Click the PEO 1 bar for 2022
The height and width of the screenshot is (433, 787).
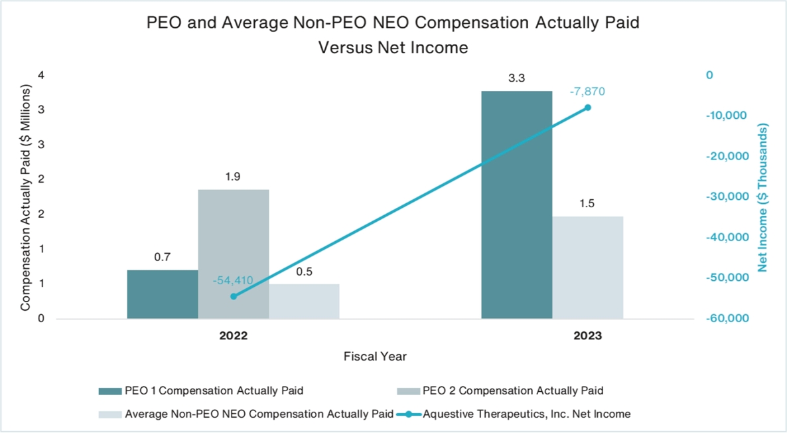point(163,294)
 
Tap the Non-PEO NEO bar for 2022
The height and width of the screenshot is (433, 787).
point(304,302)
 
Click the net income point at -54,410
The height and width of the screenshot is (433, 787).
point(234,296)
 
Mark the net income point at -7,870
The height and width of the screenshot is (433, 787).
point(588,108)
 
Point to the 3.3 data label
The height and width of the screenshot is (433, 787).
point(516,79)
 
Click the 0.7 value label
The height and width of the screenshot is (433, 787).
point(163,258)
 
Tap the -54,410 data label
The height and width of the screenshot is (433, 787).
point(233,281)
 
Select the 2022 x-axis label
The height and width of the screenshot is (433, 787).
point(234,336)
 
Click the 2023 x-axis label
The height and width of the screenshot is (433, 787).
point(588,336)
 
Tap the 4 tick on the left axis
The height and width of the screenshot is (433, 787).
point(41,76)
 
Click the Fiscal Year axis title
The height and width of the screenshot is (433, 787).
point(375,357)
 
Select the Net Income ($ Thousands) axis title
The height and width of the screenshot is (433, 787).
point(762,197)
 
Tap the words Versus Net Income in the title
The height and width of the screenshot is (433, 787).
point(393,48)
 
